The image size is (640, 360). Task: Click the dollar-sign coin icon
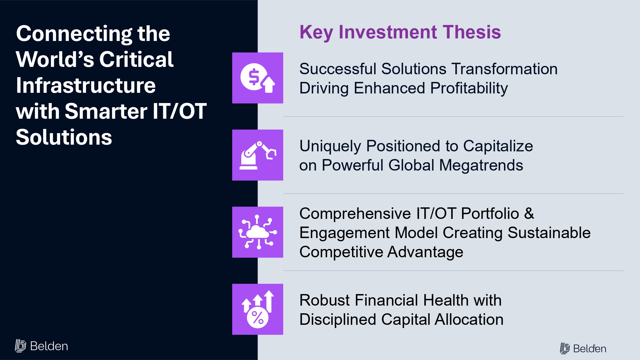pos(258,78)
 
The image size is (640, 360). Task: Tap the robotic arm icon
pos(258,155)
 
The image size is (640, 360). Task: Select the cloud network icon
pos(258,232)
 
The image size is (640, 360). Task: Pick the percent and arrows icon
pos(258,309)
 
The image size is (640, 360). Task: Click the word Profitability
pos(469,88)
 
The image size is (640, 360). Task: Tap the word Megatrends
pos(481,166)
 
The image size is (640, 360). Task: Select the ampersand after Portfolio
pos(529,213)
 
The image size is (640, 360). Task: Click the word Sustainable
pos(549,233)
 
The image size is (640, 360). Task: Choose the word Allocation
pos(469,319)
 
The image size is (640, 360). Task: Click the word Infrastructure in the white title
pos(86,85)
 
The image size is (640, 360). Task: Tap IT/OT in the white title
pos(180,111)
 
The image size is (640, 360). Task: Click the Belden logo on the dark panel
pos(42,346)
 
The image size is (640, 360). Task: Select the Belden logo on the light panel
pos(583,348)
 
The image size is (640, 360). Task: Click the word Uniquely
pos(331,147)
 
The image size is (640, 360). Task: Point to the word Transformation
pos(504,69)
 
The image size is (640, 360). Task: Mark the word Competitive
pos(341,252)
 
